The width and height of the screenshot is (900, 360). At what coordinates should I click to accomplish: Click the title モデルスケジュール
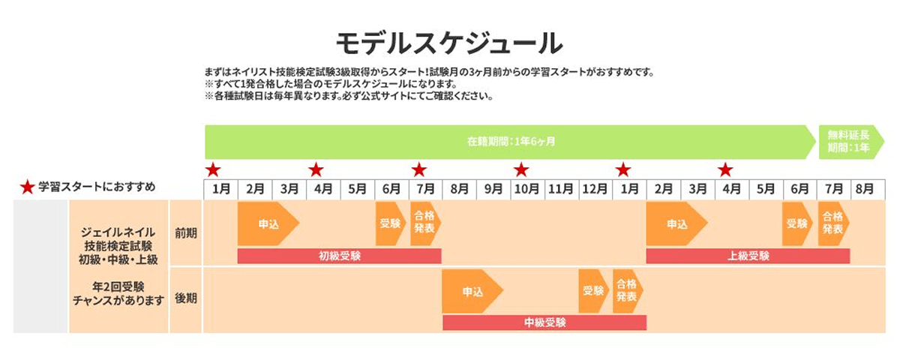tap(448, 43)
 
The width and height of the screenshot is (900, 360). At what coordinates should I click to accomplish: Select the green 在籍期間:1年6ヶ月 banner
tap(510, 142)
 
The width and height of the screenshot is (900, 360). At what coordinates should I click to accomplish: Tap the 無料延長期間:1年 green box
tap(847, 142)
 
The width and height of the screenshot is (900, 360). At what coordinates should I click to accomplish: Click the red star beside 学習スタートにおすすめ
tap(27, 187)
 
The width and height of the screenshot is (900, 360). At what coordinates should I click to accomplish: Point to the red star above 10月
tap(521, 170)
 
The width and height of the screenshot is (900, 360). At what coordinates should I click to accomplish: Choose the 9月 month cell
tap(493, 189)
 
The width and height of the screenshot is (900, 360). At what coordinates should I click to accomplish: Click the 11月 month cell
tap(561, 189)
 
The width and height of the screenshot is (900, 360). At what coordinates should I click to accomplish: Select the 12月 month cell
tap(595, 189)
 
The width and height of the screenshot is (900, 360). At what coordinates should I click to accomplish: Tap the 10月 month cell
tap(527, 189)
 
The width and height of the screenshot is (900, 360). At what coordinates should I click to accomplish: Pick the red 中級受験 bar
tap(544, 322)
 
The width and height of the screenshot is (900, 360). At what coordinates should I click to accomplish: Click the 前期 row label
tap(185, 233)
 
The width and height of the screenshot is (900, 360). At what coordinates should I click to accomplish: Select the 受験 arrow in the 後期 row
tap(592, 292)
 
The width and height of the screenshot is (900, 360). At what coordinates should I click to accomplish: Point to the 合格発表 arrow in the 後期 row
tap(626, 292)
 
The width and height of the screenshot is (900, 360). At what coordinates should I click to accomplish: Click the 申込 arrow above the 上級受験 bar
tap(676, 224)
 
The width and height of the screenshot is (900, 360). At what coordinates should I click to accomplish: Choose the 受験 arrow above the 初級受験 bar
tap(390, 224)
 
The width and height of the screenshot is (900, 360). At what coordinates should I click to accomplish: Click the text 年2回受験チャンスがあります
tap(118, 293)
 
